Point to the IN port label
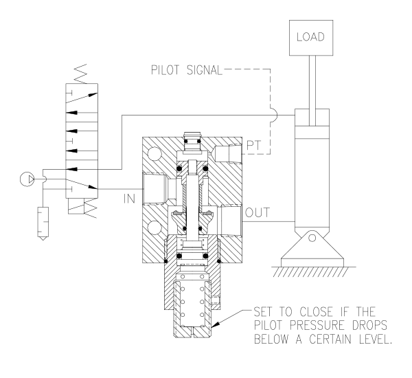pyautogui.click(x=128, y=199)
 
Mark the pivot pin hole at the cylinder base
pyautogui.click(x=313, y=238)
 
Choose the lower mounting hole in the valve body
pyautogui.click(x=155, y=225)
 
